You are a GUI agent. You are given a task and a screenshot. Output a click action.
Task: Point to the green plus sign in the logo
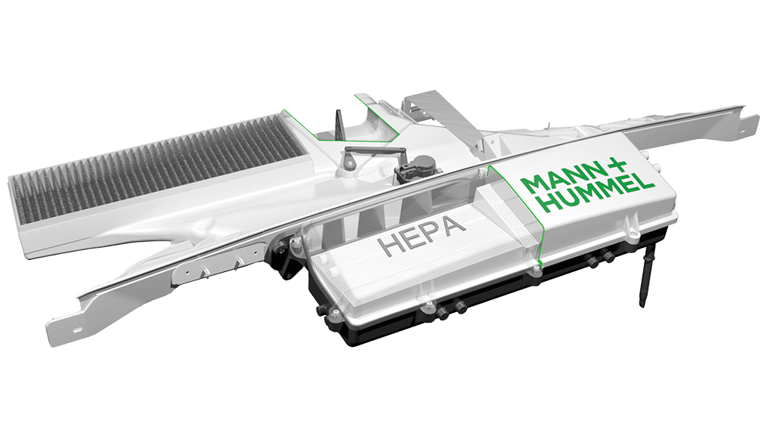tap(615, 167)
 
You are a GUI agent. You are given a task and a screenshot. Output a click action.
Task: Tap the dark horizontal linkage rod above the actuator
tap(375, 149)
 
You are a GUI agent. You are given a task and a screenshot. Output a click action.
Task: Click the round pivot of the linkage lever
tap(350, 162)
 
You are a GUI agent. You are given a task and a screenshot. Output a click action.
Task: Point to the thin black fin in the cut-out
tap(339, 122)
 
